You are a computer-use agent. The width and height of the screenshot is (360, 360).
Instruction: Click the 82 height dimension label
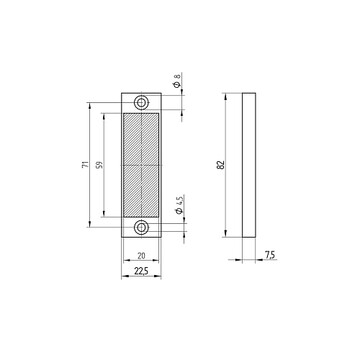click(x=222, y=165)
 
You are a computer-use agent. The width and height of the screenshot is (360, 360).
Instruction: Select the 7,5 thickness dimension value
click(x=270, y=255)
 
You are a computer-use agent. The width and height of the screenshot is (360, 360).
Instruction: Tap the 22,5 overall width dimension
click(x=141, y=272)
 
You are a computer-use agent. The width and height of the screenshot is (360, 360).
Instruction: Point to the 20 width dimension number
click(x=141, y=256)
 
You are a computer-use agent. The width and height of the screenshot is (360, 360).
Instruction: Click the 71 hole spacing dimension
click(x=86, y=164)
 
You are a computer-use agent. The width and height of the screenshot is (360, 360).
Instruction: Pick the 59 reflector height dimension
click(x=99, y=165)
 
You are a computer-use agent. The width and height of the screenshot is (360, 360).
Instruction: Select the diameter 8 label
click(x=178, y=80)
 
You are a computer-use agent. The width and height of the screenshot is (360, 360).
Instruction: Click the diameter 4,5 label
click(x=179, y=205)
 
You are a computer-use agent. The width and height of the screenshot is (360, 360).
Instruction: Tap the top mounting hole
click(x=141, y=102)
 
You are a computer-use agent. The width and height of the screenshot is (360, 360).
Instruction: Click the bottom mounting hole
click(x=141, y=228)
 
